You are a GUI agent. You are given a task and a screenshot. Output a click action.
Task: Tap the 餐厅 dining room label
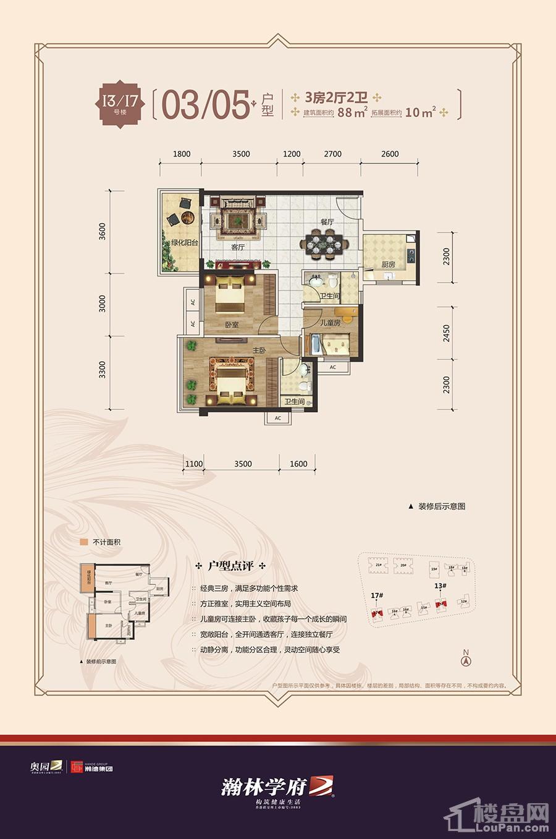click(x=327, y=221)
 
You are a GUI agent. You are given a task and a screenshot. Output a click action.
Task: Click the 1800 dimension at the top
click(x=182, y=154)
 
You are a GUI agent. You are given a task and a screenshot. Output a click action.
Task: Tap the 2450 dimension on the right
click(x=447, y=333)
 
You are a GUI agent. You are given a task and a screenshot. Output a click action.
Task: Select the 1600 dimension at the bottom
click(x=298, y=464)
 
